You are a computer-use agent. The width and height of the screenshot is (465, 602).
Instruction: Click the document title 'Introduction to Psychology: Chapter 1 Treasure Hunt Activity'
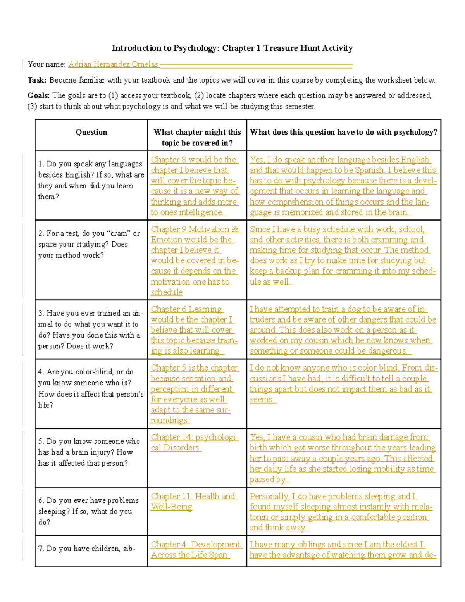(232, 48)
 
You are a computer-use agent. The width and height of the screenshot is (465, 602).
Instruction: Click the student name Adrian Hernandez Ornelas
(113, 64)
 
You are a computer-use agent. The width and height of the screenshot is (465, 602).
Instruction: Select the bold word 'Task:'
(37, 80)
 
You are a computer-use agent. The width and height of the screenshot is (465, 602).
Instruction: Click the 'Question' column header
(91, 132)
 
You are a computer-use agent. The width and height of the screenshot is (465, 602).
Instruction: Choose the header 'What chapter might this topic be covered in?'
(197, 137)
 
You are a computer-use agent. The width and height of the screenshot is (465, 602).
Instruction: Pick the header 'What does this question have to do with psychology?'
(343, 132)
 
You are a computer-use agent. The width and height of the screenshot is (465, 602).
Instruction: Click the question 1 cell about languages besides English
(91, 180)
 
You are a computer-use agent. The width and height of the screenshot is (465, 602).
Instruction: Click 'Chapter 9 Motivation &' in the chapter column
(195, 229)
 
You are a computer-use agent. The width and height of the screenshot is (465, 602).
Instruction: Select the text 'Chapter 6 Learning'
(186, 309)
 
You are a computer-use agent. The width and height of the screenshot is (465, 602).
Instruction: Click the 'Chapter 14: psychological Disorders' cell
(195, 442)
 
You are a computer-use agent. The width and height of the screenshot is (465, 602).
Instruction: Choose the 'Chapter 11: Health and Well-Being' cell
(193, 501)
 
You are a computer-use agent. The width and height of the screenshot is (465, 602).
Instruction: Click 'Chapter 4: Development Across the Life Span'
(196, 550)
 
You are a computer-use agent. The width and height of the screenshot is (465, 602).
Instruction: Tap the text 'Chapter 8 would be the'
(193, 160)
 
